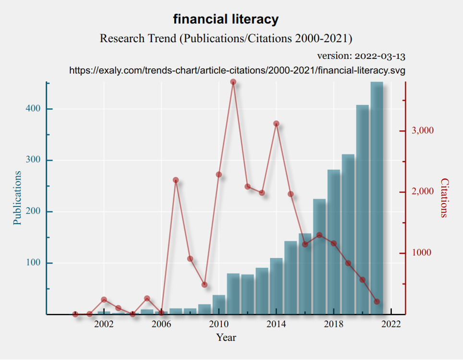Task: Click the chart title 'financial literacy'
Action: click(226, 19)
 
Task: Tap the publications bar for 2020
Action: click(362, 209)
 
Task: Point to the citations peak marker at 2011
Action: click(233, 82)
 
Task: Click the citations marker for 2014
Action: click(276, 123)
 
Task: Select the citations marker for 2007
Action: click(176, 180)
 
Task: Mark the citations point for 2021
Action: click(377, 301)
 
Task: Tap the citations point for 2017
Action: click(319, 235)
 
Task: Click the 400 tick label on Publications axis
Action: click(33, 109)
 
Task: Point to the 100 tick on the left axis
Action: click(33, 263)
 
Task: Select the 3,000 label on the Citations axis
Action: click(423, 131)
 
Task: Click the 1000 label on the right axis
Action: click(422, 252)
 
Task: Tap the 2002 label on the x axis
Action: click(104, 324)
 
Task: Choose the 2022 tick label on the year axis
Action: click(391, 324)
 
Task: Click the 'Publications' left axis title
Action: click(17, 198)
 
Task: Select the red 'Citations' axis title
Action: click(444, 198)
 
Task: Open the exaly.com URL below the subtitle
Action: click(237, 71)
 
